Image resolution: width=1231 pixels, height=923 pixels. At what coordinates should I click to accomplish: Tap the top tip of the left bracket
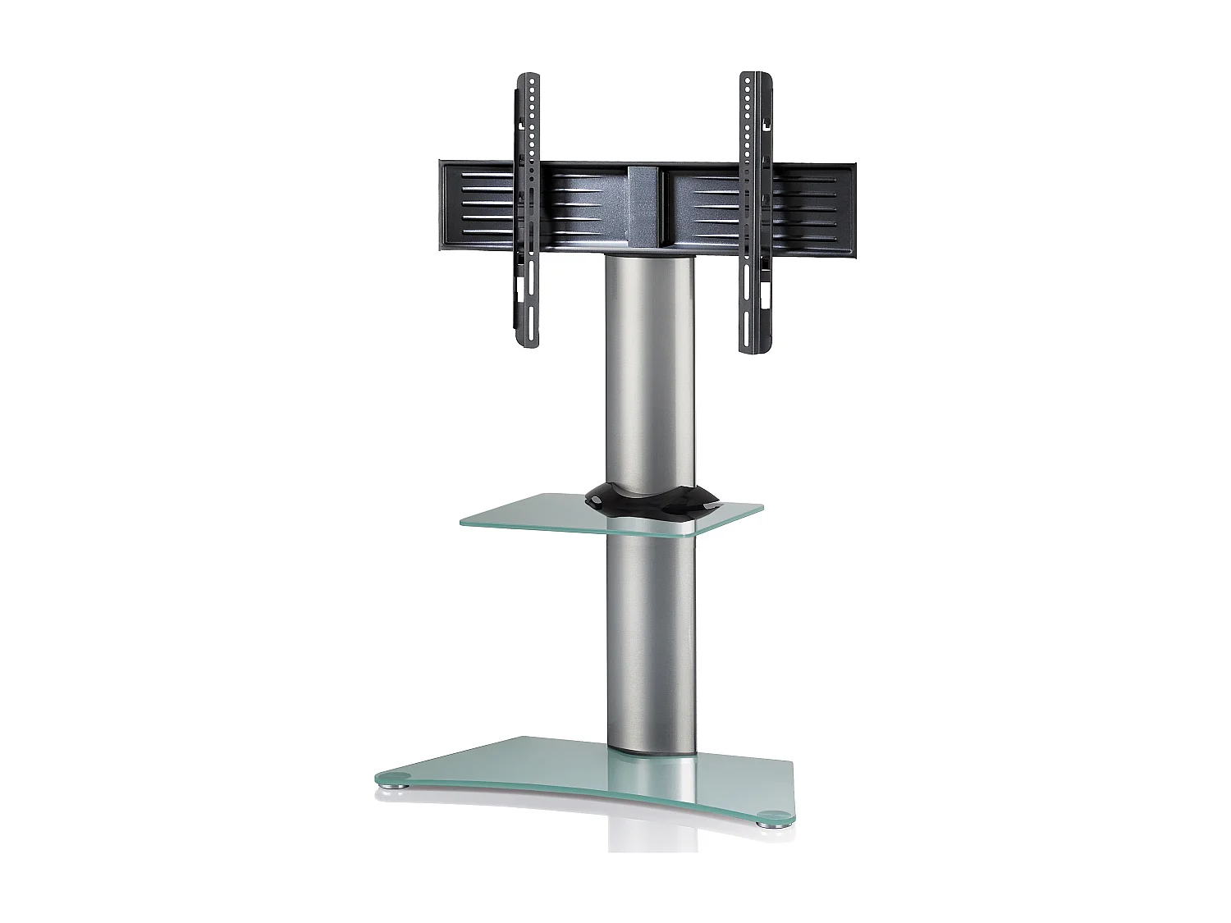pyautogui.click(x=530, y=76)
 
